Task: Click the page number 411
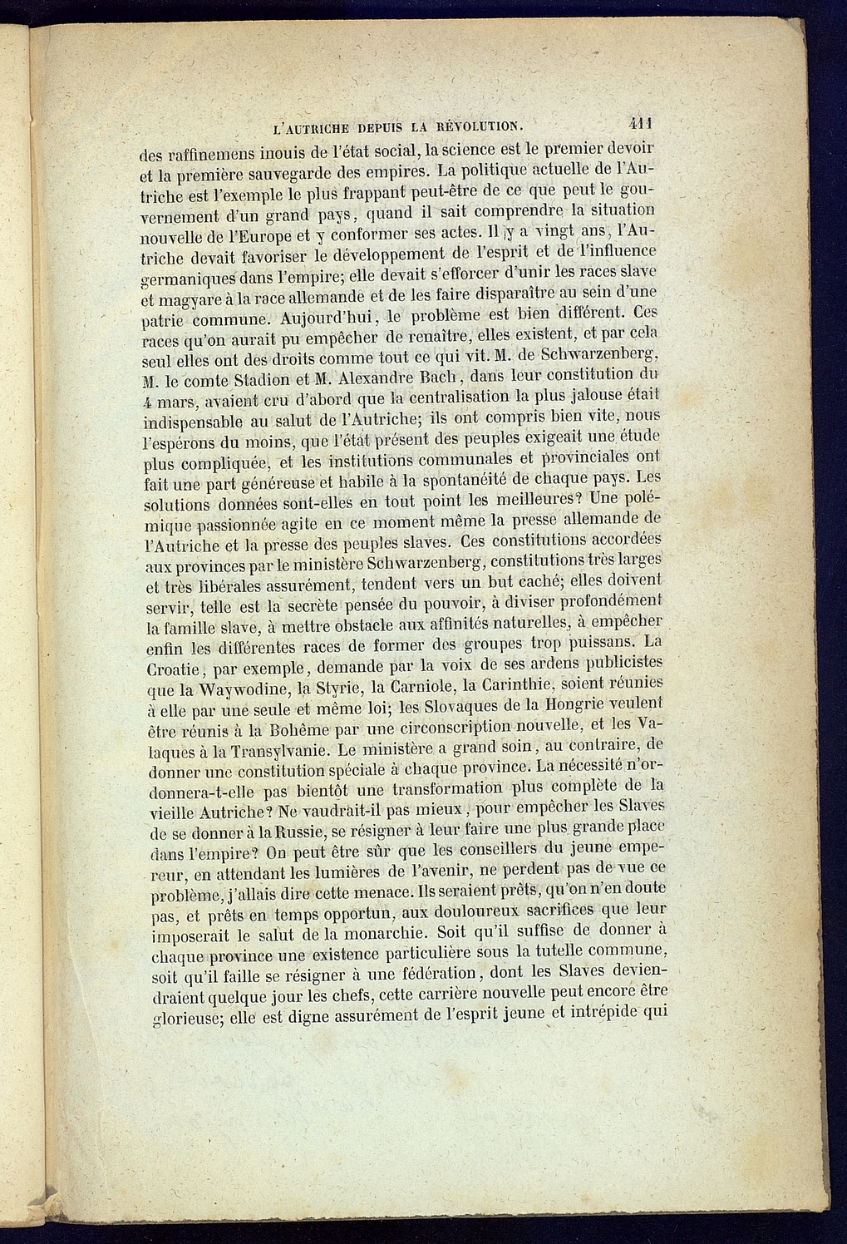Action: click(x=639, y=123)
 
